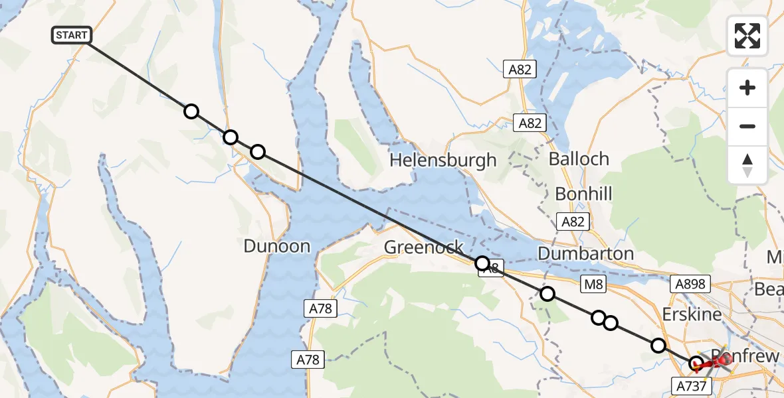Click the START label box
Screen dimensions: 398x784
pyautogui.click(x=71, y=35)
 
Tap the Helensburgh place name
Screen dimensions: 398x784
pyautogui.click(x=442, y=160)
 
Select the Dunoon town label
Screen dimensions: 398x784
pyautogui.click(x=276, y=246)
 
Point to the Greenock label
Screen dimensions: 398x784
pyautogui.click(x=424, y=247)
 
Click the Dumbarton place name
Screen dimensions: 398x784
pyautogui.click(x=585, y=253)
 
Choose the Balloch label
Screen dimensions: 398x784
pyautogui.click(x=579, y=159)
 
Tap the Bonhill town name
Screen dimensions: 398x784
pyautogui.click(x=583, y=194)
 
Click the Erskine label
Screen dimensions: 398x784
pyautogui.click(x=691, y=314)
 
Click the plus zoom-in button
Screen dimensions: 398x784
pyautogui.click(x=747, y=88)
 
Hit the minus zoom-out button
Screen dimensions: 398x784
pyautogui.click(x=747, y=126)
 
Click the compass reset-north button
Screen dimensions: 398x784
pyautogui.click(x=747, y=164)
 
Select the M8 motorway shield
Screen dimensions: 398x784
pyautogui.click(x=593, y=285)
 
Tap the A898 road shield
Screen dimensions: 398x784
pyautogui.click(x=690, y=284)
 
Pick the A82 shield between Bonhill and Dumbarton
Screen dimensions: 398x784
pyautogui.click(x=573, y=222)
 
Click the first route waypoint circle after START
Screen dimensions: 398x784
pyautogui.click(x=191, y=111)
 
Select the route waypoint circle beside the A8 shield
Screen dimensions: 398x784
pyautogui.click(x=482, y=263)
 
